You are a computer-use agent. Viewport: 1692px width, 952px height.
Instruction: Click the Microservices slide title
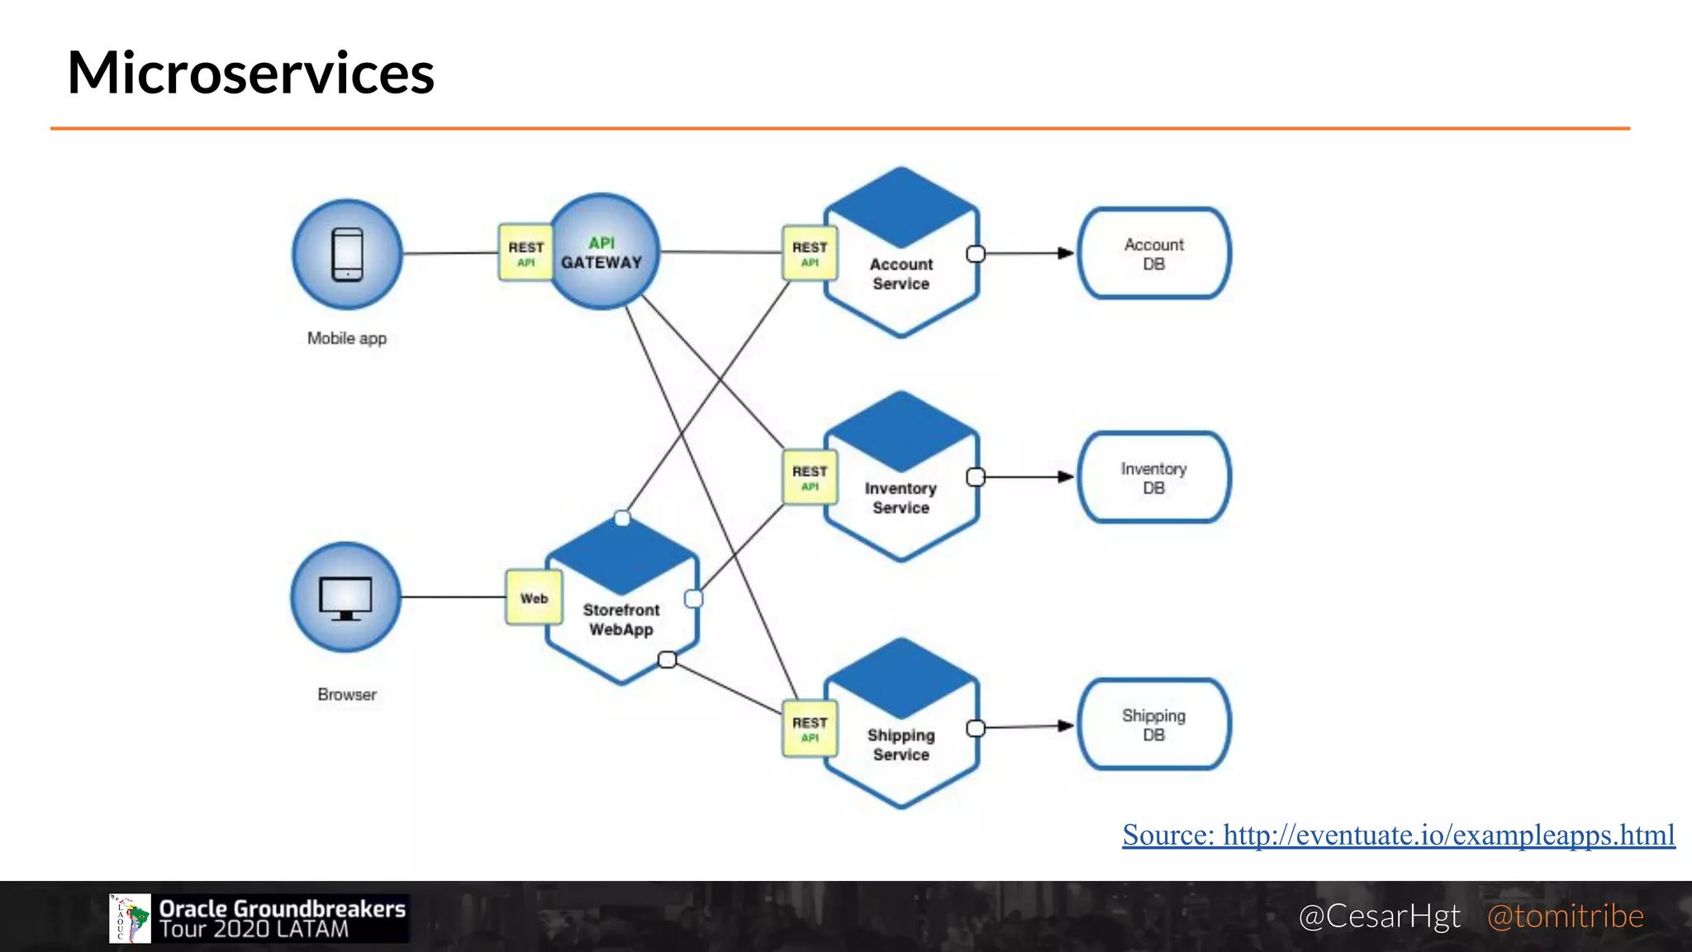pyautogui.click(x=250, y=73)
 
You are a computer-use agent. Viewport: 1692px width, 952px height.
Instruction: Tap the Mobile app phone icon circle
pyautogui.click(x=347, y=254)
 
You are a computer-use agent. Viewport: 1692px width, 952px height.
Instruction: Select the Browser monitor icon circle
pyautogui.click(x=346, y=597)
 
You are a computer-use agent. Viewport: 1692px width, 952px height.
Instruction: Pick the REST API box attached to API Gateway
pyautogui.click(x=525, y=253)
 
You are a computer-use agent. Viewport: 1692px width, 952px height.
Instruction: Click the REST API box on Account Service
pyautogui.click(x=810, y=253)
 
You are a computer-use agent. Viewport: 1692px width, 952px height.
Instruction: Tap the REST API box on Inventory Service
pyautogui.click(x=810, y=478)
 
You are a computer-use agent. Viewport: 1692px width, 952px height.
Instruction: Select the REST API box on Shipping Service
pyautogui.click(x=810, y=728)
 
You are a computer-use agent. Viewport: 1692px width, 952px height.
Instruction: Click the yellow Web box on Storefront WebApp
pyautogui.click(x=534, y=597)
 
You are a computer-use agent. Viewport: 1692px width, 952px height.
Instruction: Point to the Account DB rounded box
pyautogui.click(x=1154, y=254)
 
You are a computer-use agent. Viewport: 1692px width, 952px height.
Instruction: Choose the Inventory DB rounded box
pyautogui.click(x=1154, y=478)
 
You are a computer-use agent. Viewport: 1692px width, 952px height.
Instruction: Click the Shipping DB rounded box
pyautogui.click(x=1154, y=725)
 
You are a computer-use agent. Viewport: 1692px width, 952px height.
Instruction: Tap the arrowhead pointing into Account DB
pyautogui.click(x=1066, y=253)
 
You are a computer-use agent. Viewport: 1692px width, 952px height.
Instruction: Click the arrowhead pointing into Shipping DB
pyautogui.click(x=1066, y=726)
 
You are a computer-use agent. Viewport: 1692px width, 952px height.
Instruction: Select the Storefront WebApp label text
pyautogui.click(x=621, y=620)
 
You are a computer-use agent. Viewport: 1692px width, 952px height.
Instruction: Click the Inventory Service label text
pyautogui.click(x=901, y=498)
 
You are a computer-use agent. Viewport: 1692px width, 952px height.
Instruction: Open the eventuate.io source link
pyautogui.click(x=1398, y=835)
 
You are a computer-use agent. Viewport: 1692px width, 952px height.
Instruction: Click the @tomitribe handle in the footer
pyautogui.click(x=1565, y=916)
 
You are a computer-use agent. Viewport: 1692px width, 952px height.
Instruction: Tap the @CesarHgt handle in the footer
pyautogui.click(x=1379, y=916)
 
